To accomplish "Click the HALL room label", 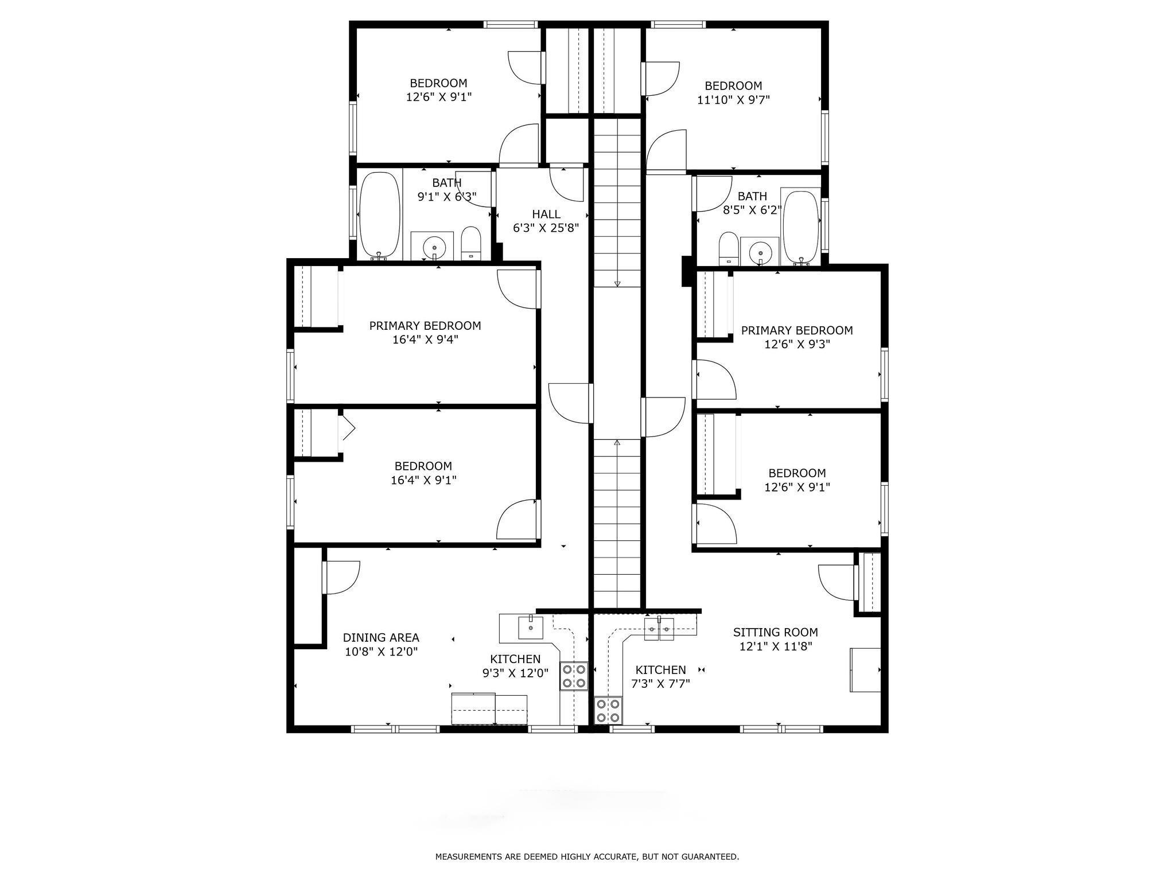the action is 546,214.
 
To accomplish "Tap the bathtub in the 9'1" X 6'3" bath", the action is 379,215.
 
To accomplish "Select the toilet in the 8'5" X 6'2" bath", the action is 728,248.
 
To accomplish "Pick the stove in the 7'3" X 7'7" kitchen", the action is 608,710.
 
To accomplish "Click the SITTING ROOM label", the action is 775,632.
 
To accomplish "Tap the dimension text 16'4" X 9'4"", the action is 425,340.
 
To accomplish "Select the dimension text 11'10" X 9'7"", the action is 733,100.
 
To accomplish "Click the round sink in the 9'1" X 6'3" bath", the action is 432,247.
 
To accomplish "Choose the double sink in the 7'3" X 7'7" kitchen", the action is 659,629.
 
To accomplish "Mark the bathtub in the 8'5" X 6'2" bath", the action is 802,227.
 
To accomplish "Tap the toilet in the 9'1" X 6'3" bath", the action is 471,243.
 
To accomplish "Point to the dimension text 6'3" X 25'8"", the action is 546,228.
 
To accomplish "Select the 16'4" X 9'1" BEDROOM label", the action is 423,466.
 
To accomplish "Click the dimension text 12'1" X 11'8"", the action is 775,646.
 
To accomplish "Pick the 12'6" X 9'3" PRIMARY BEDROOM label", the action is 797,330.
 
